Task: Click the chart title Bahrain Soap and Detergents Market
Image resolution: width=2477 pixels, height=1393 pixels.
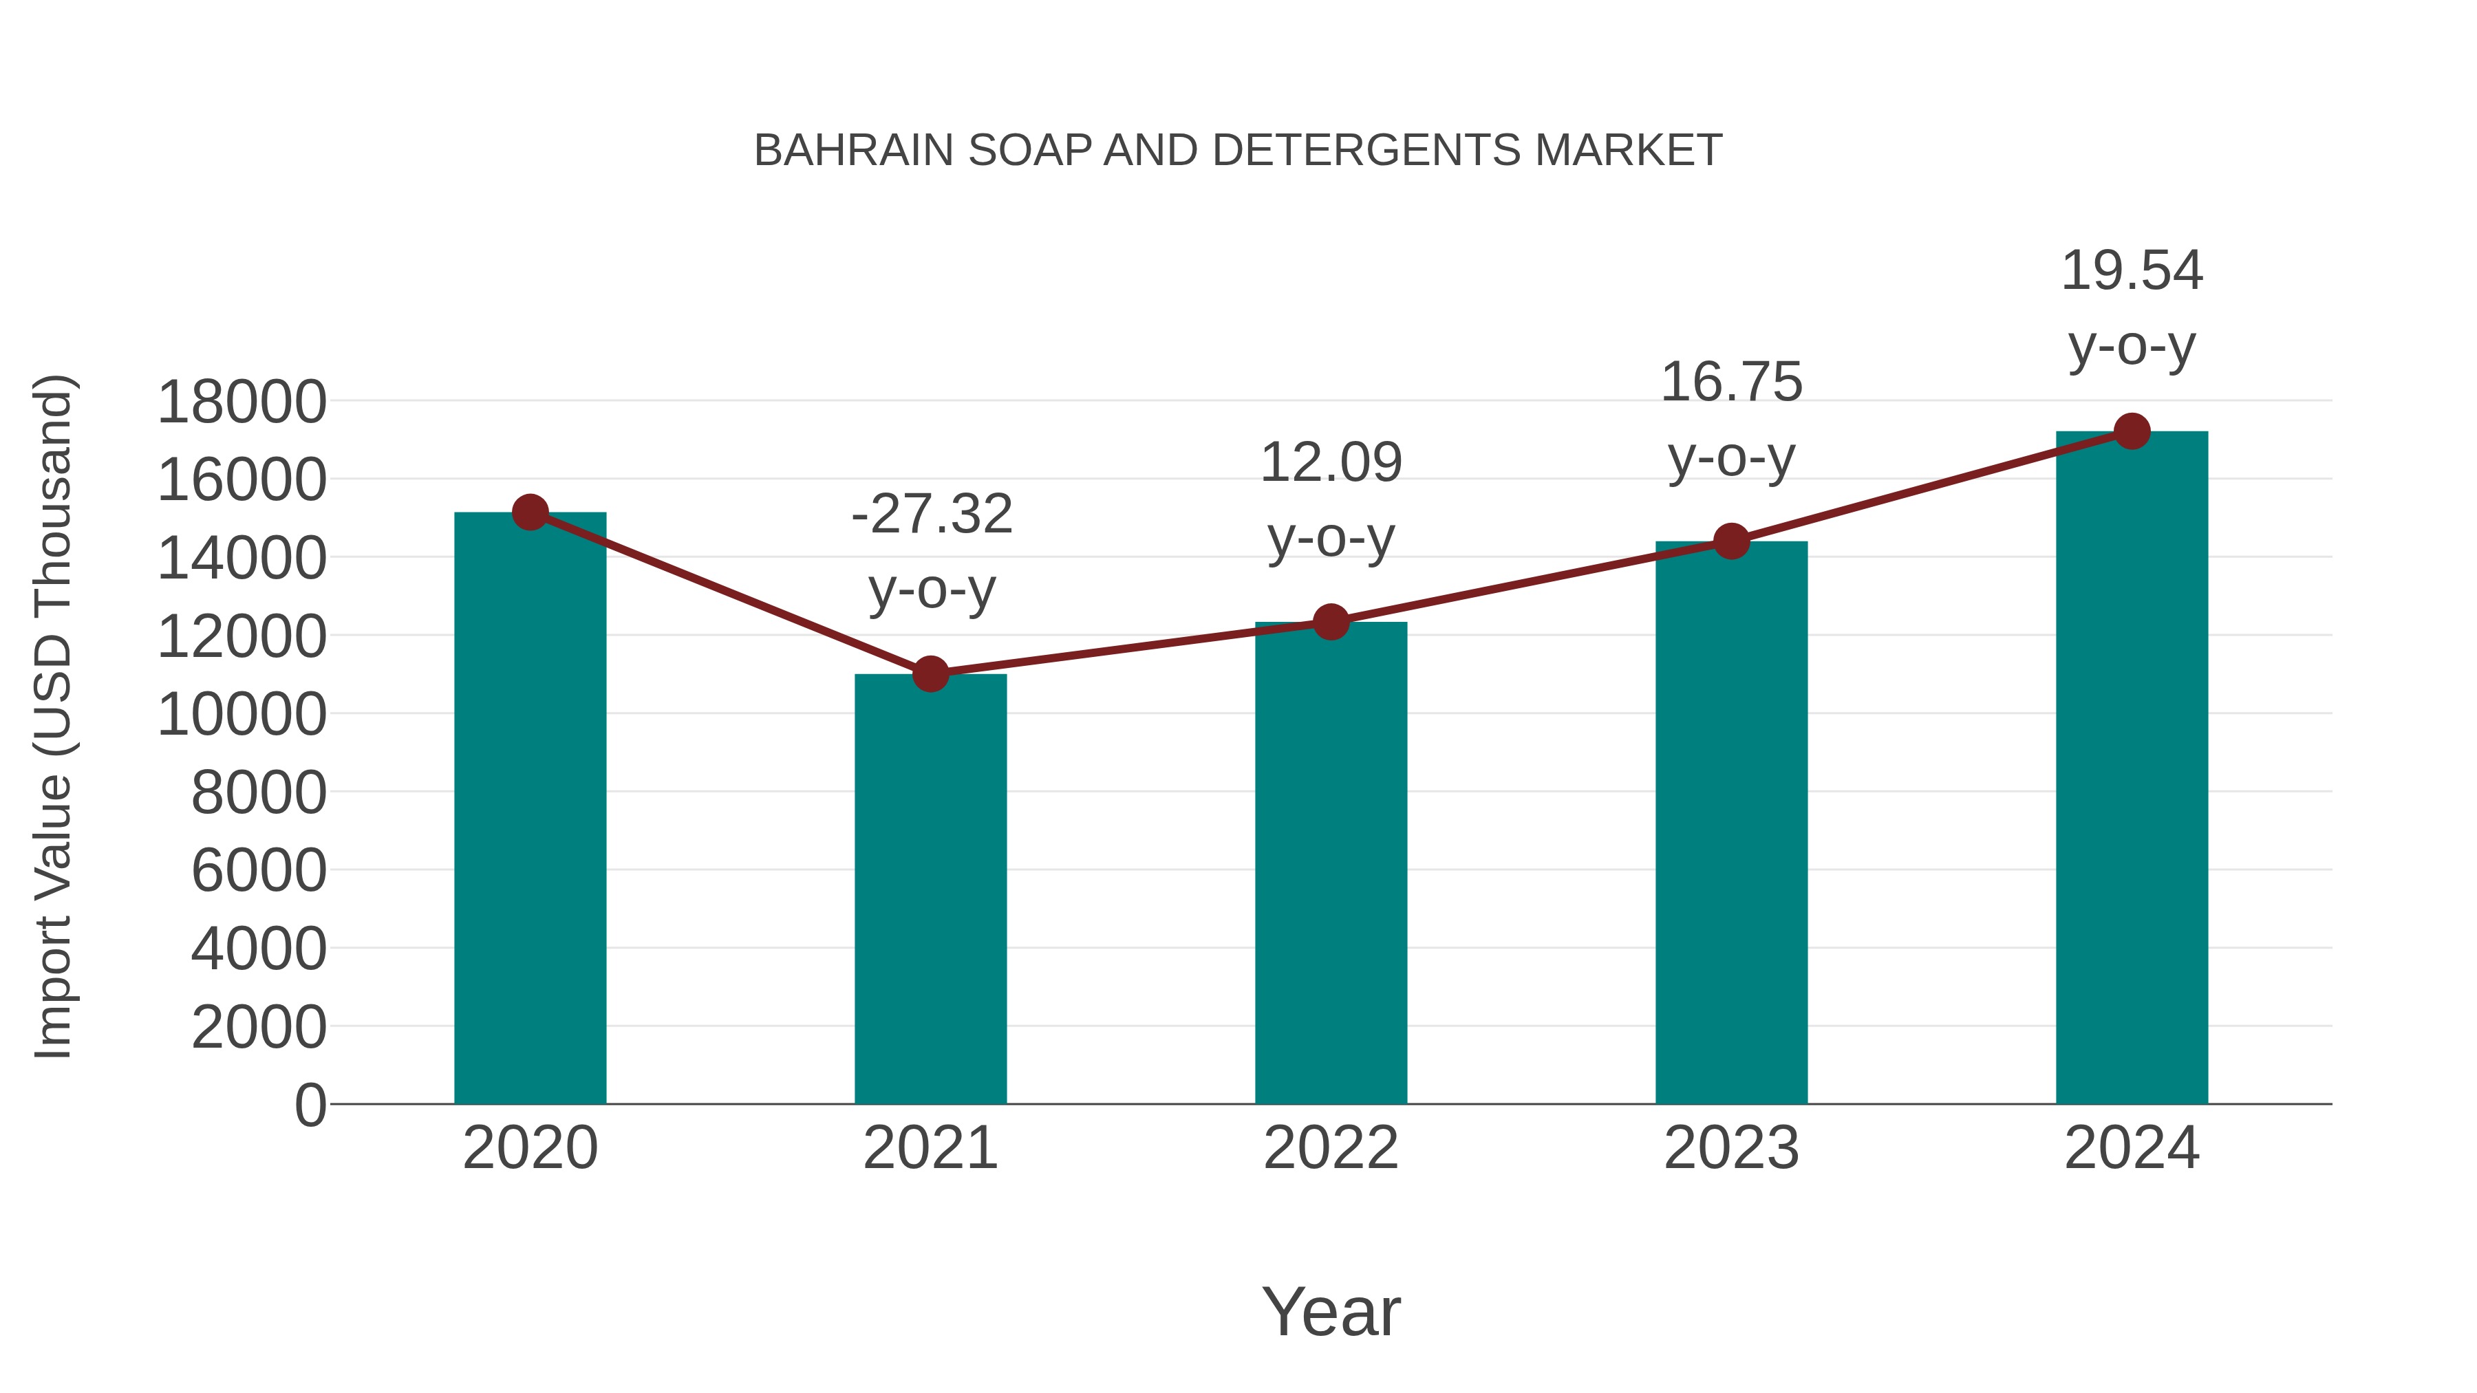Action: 1238,150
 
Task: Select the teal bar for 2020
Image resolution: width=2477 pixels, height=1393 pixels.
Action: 530,808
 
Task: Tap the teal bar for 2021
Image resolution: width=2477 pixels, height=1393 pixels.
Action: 930,889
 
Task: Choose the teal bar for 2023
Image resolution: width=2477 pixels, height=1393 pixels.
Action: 1731,822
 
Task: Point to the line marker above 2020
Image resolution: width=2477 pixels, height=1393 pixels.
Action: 530,512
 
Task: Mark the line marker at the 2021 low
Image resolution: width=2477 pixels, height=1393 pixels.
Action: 930,674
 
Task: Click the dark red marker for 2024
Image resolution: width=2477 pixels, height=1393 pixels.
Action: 2132,431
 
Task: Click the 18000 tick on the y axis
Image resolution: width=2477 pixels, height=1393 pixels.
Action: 242,402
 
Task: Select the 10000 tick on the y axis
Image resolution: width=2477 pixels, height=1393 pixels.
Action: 242,714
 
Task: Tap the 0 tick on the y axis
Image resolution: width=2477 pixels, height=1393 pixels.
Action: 310,1105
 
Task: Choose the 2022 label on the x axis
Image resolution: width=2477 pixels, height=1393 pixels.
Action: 1331,1148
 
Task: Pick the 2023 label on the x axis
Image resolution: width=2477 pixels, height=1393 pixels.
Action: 1731,1148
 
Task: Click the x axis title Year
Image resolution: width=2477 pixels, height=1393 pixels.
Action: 1331,1311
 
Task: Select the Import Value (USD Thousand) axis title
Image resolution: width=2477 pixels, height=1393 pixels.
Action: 53,716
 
